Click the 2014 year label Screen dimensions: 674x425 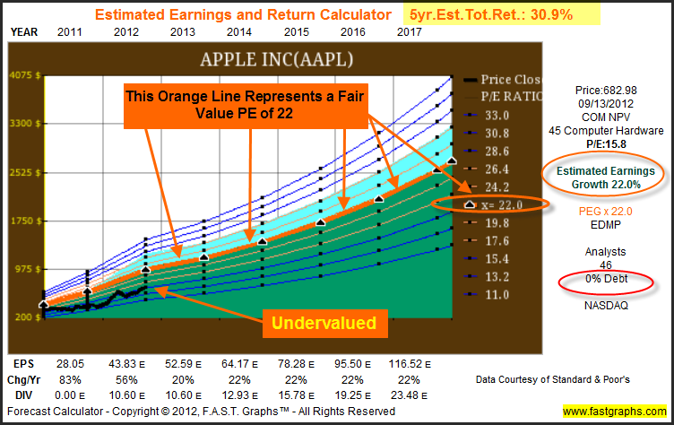click(239, 32)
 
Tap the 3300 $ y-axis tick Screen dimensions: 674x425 click(25, 124)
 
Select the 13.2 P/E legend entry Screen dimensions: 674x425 click(487, 276)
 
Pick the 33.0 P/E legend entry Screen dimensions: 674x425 click(487, 116)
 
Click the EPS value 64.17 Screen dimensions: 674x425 click(239, 364)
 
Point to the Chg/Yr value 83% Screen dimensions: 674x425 click(70, 380)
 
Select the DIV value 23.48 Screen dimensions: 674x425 click(409, 395)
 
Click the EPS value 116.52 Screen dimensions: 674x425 click(410, 364)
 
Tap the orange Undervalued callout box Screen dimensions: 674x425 click(325, 324)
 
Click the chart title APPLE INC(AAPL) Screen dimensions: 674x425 click(276, 59)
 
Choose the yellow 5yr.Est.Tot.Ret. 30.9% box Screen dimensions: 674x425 click(502, 14)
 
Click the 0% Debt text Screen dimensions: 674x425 click(606, 279)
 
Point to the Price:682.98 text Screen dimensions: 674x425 click(606, 91)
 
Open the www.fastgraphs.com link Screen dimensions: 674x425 click(615, 412)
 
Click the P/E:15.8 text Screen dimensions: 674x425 click(606, 144)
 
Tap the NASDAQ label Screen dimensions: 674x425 click(606, 306)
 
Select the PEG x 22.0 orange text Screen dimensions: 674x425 click(605, 212)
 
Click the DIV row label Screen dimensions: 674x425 click(23, 395)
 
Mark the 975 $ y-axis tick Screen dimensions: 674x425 click(27, 269)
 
